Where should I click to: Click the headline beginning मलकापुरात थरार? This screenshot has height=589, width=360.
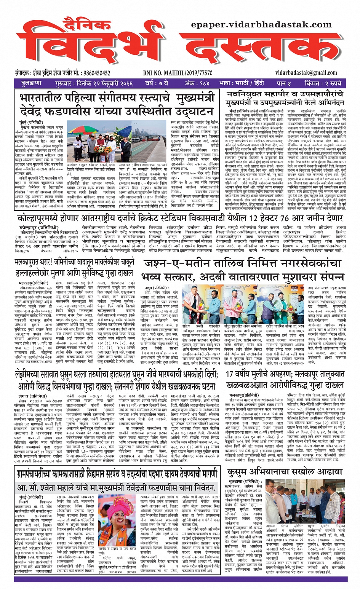click(75, 268)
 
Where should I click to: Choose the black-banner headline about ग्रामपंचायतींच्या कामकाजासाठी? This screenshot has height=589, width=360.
click(117, 474)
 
